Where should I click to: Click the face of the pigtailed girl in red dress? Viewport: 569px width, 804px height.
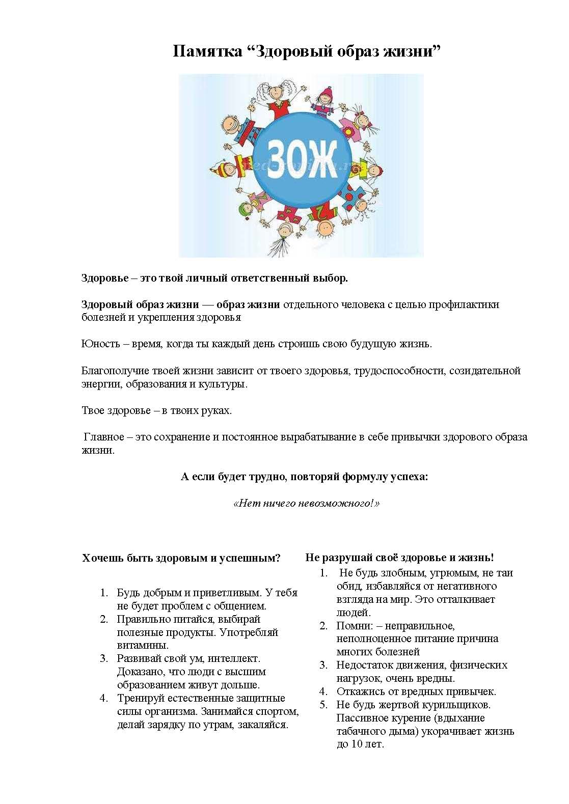(276, 93)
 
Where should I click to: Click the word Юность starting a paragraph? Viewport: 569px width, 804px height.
(101, 344)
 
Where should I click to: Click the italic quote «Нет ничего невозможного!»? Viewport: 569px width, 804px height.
(306, 504)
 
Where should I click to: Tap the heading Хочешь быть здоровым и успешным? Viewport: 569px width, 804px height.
(181, 558)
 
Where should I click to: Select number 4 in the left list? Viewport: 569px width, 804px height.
(104, 698)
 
